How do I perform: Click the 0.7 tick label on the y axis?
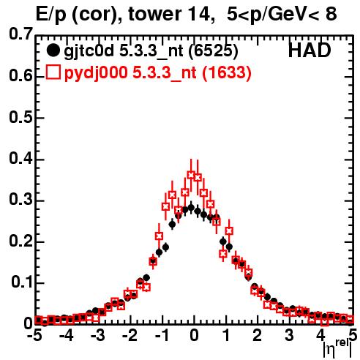[x=20, y=34]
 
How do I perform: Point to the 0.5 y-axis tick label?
[x=20, y=118]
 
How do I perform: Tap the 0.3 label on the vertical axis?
[x=20, y=200]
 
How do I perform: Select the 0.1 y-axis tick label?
[x=22, y=282]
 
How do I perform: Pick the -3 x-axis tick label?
[x=98, y=336]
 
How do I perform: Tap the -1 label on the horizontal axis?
[x=162, y=336]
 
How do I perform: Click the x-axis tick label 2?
[x=257, y=336]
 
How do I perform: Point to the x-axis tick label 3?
[x=289, y=336]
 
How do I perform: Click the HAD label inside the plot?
[x=310, y=50]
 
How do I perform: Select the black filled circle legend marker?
[x=53, y=50]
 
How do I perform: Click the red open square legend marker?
[x=53, y=72]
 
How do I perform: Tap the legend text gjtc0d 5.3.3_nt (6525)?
[x=151, y=51]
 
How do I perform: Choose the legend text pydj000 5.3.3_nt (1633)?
[x=157, y=73]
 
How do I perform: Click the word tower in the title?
[x=154, y=14]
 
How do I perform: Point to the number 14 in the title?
[x=200, y=15]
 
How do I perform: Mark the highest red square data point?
[x=191, y=175]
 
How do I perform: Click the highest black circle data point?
[x=191, y=208]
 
